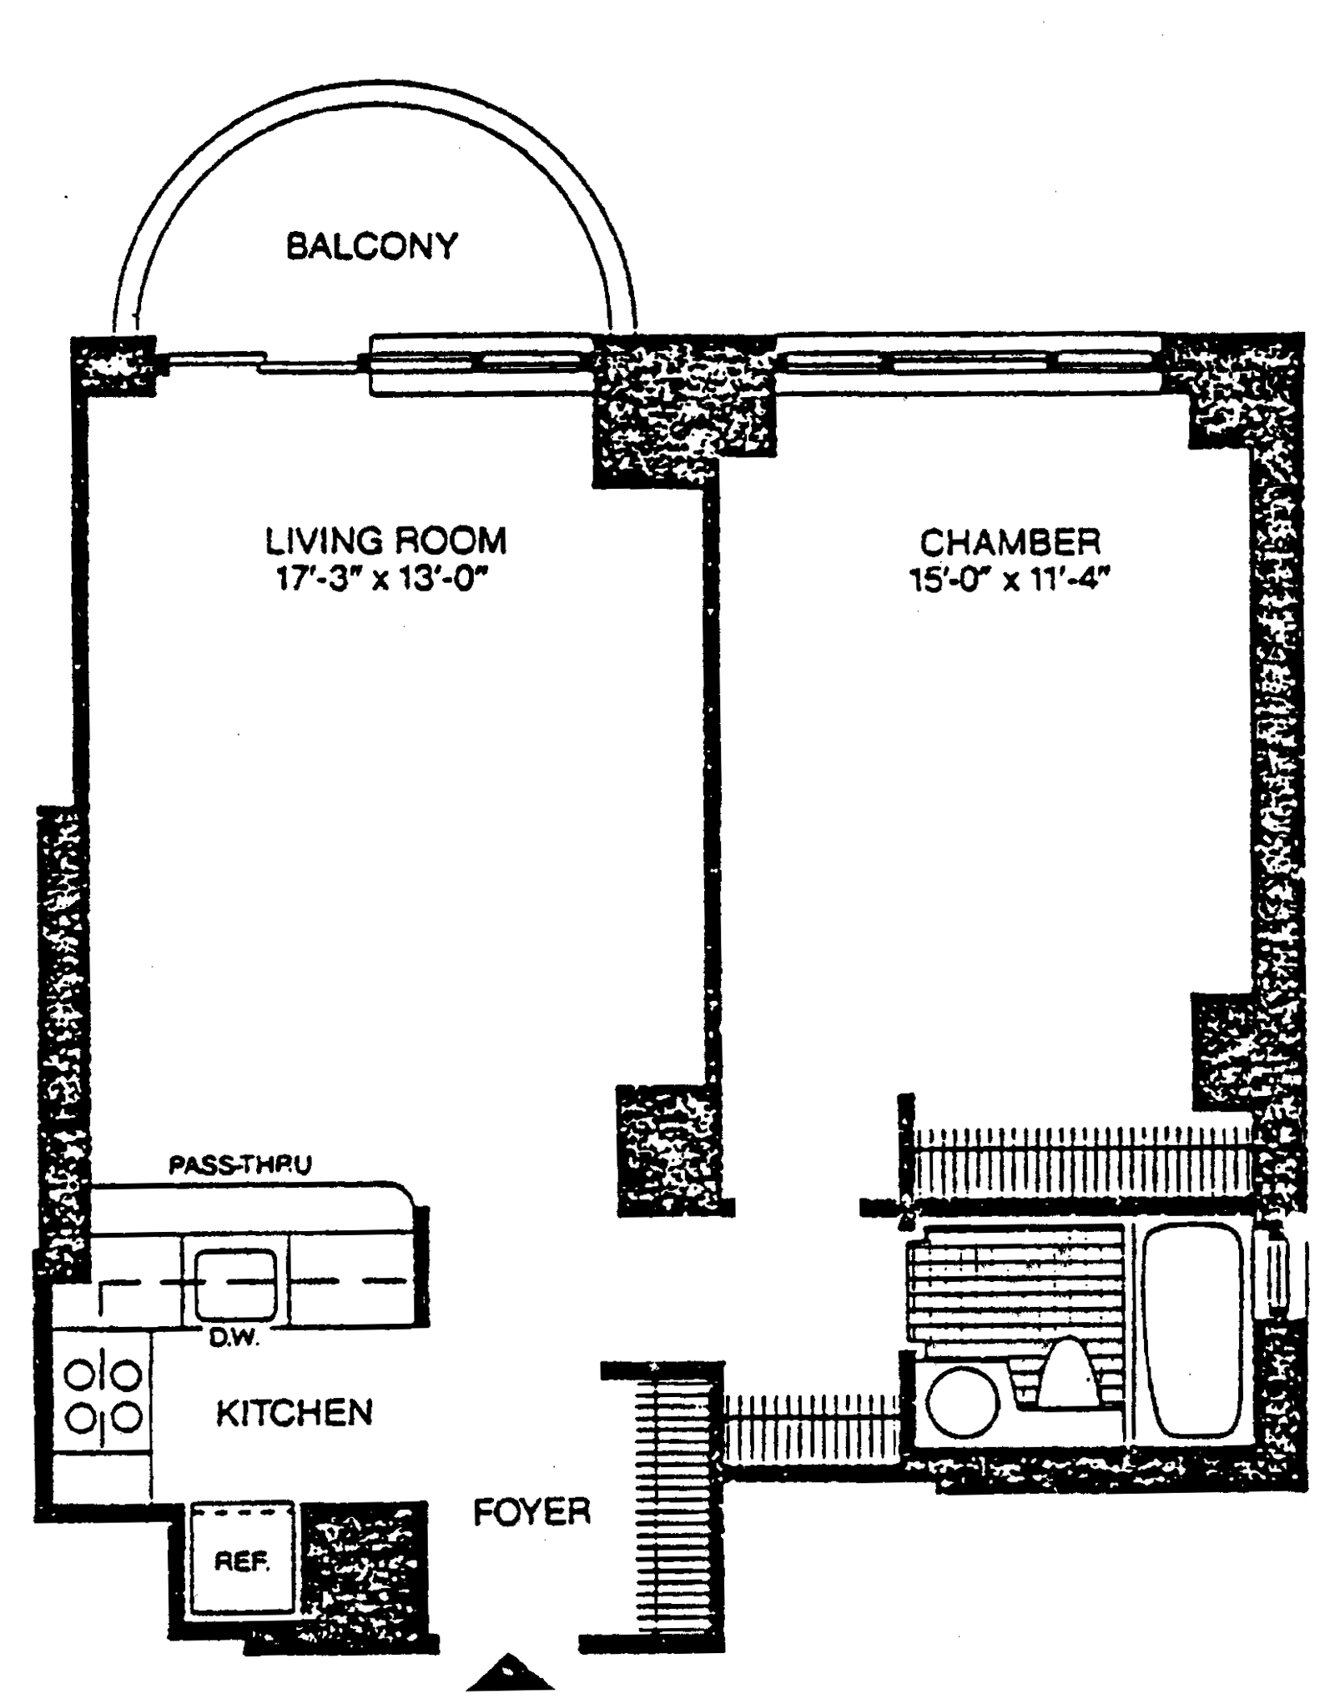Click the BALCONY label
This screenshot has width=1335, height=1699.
click(x=372, y=246)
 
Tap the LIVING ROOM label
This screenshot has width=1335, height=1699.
click(x=385, y=540)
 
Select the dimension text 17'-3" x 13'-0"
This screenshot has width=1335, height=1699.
click(x=381, y=579)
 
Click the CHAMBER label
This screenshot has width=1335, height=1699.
click(x=1010, y=543)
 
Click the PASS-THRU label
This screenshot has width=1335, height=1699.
click(x=240, y=1164)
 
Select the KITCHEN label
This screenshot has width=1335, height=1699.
click(x=294, y=1413)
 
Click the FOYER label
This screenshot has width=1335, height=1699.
click(x=532, y=1511)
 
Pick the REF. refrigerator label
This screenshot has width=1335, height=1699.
click(x=242, y=1561)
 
